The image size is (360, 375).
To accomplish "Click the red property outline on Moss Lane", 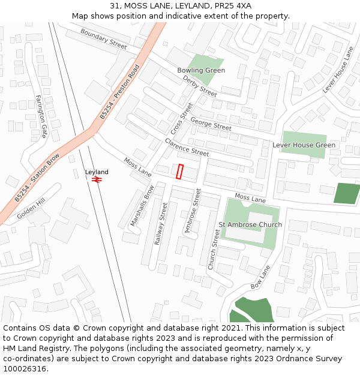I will pyautogui.click(x=179, y=171).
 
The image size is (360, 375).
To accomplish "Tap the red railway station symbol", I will pyautogui.click(x=97, y=179).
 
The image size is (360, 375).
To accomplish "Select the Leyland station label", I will pyautogui.click(x=97, y=172).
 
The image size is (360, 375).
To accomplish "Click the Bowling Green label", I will pyautogui.click(x=201, y=70).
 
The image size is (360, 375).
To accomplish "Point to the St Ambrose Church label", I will pyautogui.click(x=250, y=225).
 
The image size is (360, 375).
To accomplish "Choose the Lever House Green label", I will pyautogui.click(x=304, y=145).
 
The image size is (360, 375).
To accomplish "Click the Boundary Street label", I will pyautogui.click(x=103, y=38).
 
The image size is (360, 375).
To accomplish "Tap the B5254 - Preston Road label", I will pyautogui.click(x=119, y=91).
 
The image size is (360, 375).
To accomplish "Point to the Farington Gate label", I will pyautogui.click(x=41, y=115).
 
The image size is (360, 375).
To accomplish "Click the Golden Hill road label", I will pyautogui.click(x=31, y=209).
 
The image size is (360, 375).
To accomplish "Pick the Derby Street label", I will pyautogui.click(x=200, y=86).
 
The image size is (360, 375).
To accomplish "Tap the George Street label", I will pyautogui.click(x=211, y=124).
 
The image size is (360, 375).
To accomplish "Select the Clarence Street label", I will pyautogui.click(x=187, y=148).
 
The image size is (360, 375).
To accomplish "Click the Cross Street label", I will pyautogui.click(x=182, y=118).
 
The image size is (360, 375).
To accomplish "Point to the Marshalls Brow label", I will pyautogui.click(x=142, y=206).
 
